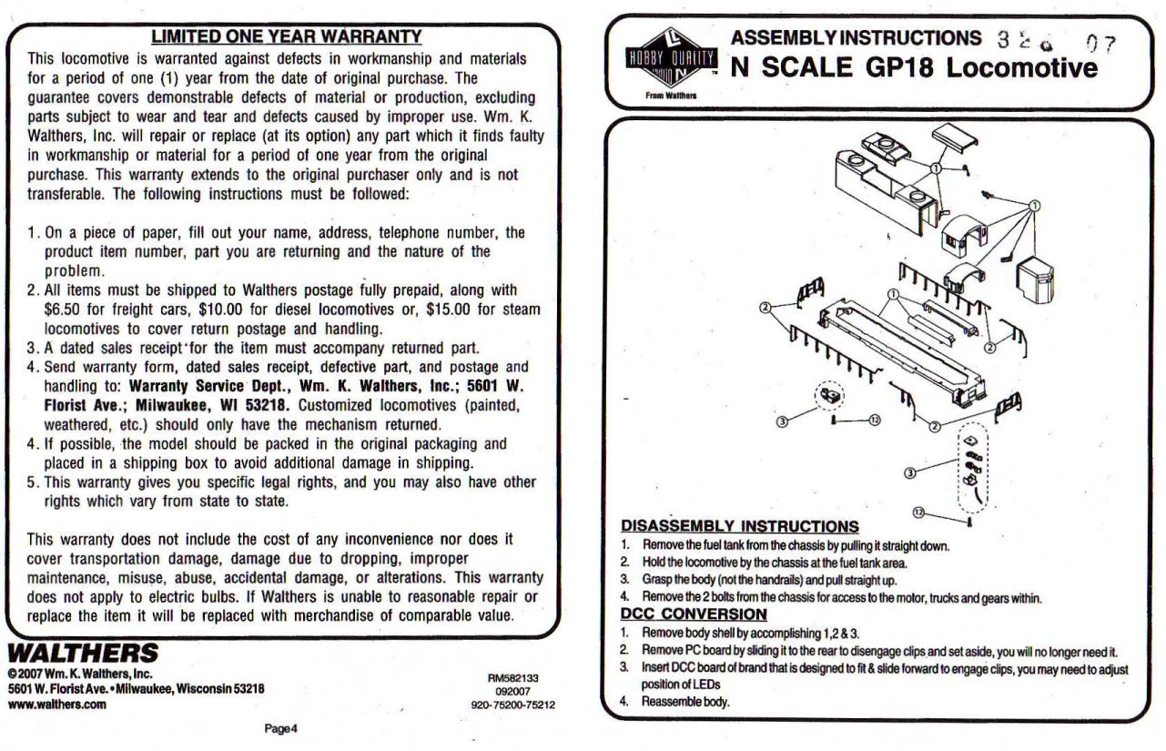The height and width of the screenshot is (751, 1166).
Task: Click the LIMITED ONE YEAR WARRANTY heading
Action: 286,36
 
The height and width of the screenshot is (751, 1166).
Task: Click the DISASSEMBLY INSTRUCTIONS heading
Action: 739,526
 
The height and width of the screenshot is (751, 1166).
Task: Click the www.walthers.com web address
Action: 57,704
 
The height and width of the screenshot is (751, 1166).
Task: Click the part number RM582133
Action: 514,678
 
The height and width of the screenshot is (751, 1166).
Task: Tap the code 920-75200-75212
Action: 514,704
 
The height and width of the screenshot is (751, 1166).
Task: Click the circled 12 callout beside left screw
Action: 874,420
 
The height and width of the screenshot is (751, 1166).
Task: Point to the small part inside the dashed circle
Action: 828,396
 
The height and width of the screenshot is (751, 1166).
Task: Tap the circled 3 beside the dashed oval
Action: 911,472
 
